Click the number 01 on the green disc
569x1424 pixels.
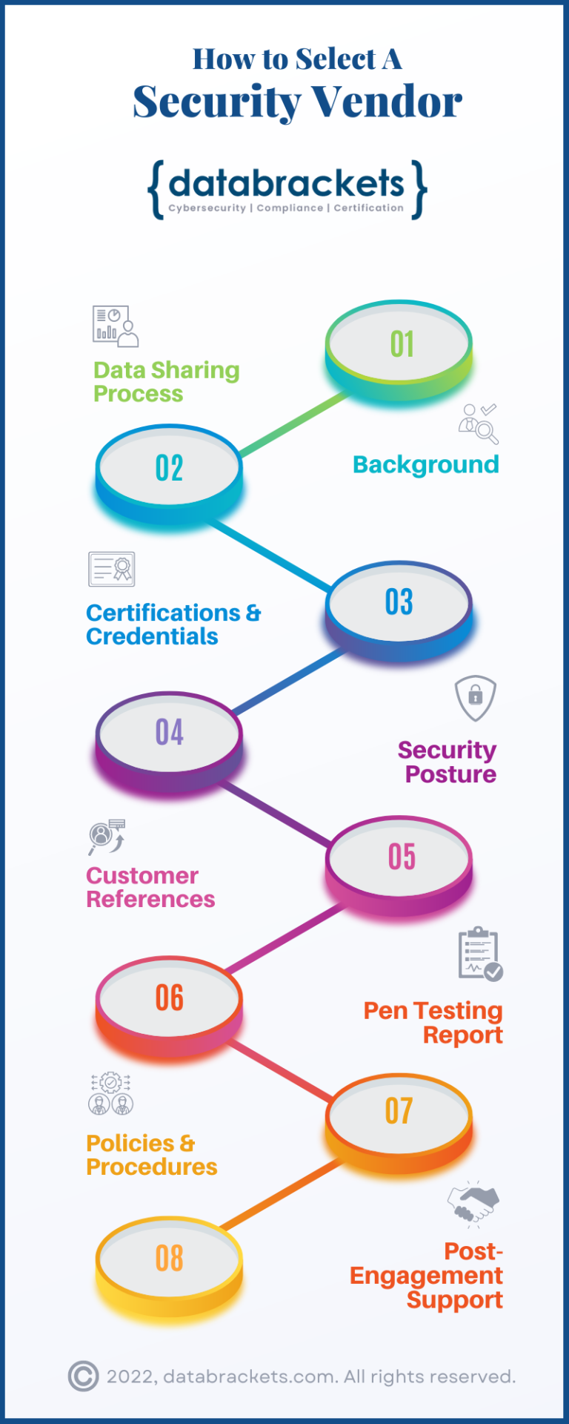click(x=402, y=344)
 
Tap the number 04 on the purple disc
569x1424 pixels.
click(x=170, y=733)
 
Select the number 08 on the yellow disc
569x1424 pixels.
click(x=170, y=1259)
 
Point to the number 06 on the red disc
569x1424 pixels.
click(x=170, y=998)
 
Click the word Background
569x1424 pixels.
click(x=426, y=465)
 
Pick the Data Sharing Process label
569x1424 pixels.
click(x=166, y=381)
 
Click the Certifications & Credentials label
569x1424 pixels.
click(x=173, y=624)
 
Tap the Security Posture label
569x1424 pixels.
click(x=447, y=762)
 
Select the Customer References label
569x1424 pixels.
click(x=150, y=887)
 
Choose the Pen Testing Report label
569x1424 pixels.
click(x=433, y=1022)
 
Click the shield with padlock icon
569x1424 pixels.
click(x=475, y=697)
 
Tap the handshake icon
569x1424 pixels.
click(x=473, y=1203)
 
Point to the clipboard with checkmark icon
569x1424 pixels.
click(x=480, y=954)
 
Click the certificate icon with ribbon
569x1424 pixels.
click(x=112, y=570)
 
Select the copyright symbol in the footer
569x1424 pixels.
click(x=83, y=1377)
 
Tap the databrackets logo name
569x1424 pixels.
click(x=287, y=183)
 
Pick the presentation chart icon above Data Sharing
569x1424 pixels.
click(x=116, y=326)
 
